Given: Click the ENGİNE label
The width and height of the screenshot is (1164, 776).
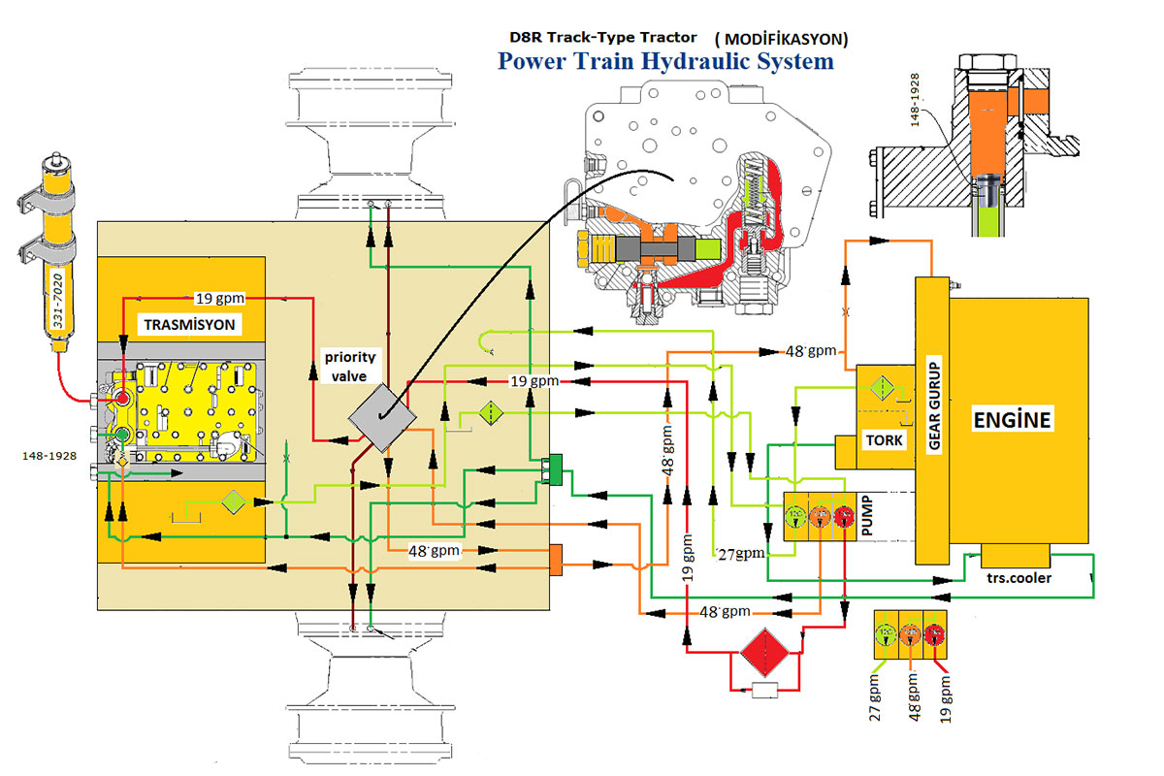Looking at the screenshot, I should (1012, 421).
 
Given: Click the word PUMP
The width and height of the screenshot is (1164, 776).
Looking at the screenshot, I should (867, 515).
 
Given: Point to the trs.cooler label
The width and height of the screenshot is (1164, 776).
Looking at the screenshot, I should (1018, 578).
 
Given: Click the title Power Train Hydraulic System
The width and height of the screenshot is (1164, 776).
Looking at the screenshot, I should (664, 61).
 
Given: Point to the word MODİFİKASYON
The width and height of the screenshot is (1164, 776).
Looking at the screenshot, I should (781, 40).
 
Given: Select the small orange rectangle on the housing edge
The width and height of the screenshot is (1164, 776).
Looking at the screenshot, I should (556, 560).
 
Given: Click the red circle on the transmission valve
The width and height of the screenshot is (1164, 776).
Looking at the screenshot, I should (123, 398).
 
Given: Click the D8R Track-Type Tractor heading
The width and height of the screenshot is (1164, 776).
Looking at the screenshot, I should (602, 37).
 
